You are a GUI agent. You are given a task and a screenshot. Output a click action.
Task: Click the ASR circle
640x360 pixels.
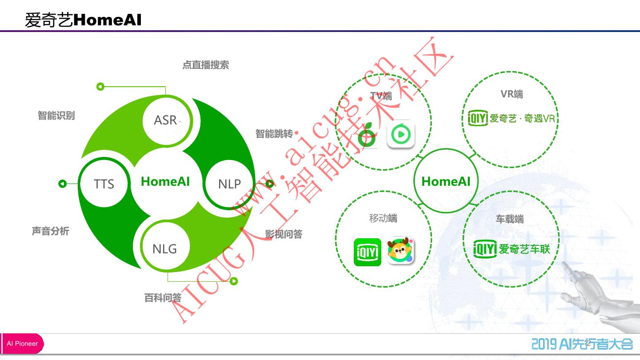[165, 120]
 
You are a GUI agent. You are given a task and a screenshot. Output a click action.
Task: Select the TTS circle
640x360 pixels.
[104, 184]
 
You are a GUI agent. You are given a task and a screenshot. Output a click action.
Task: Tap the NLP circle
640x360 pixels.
[229, 184]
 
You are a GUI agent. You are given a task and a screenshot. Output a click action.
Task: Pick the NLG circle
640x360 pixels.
[164, 248]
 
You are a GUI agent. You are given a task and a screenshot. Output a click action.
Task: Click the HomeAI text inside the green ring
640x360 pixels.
[165, 181]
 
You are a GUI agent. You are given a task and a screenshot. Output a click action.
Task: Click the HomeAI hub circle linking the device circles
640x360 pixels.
[446, 181]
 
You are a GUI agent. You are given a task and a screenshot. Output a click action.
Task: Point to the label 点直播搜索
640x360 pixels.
[206, 65]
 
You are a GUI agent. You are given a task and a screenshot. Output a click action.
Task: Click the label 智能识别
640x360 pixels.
[56, 116]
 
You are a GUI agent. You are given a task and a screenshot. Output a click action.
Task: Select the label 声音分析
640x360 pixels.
[51, 231]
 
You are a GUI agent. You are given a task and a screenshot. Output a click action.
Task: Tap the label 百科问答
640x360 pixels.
[163, 298]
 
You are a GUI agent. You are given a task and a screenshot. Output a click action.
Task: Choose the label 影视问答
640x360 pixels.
[284, 234]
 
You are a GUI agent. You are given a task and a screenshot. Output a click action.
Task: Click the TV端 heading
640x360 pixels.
[381, 96]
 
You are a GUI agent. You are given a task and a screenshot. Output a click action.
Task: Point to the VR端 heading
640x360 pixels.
[512, 94]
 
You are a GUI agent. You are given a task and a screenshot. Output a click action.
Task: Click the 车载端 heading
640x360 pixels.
[510, 219]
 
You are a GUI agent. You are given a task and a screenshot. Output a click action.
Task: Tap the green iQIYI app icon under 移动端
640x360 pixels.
[368, 252]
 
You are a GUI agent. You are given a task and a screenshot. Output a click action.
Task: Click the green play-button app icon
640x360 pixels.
[401, 134]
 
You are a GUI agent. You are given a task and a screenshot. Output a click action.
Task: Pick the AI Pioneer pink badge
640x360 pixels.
[22, 344]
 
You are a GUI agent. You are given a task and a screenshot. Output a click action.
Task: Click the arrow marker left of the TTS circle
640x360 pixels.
[63, 184]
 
